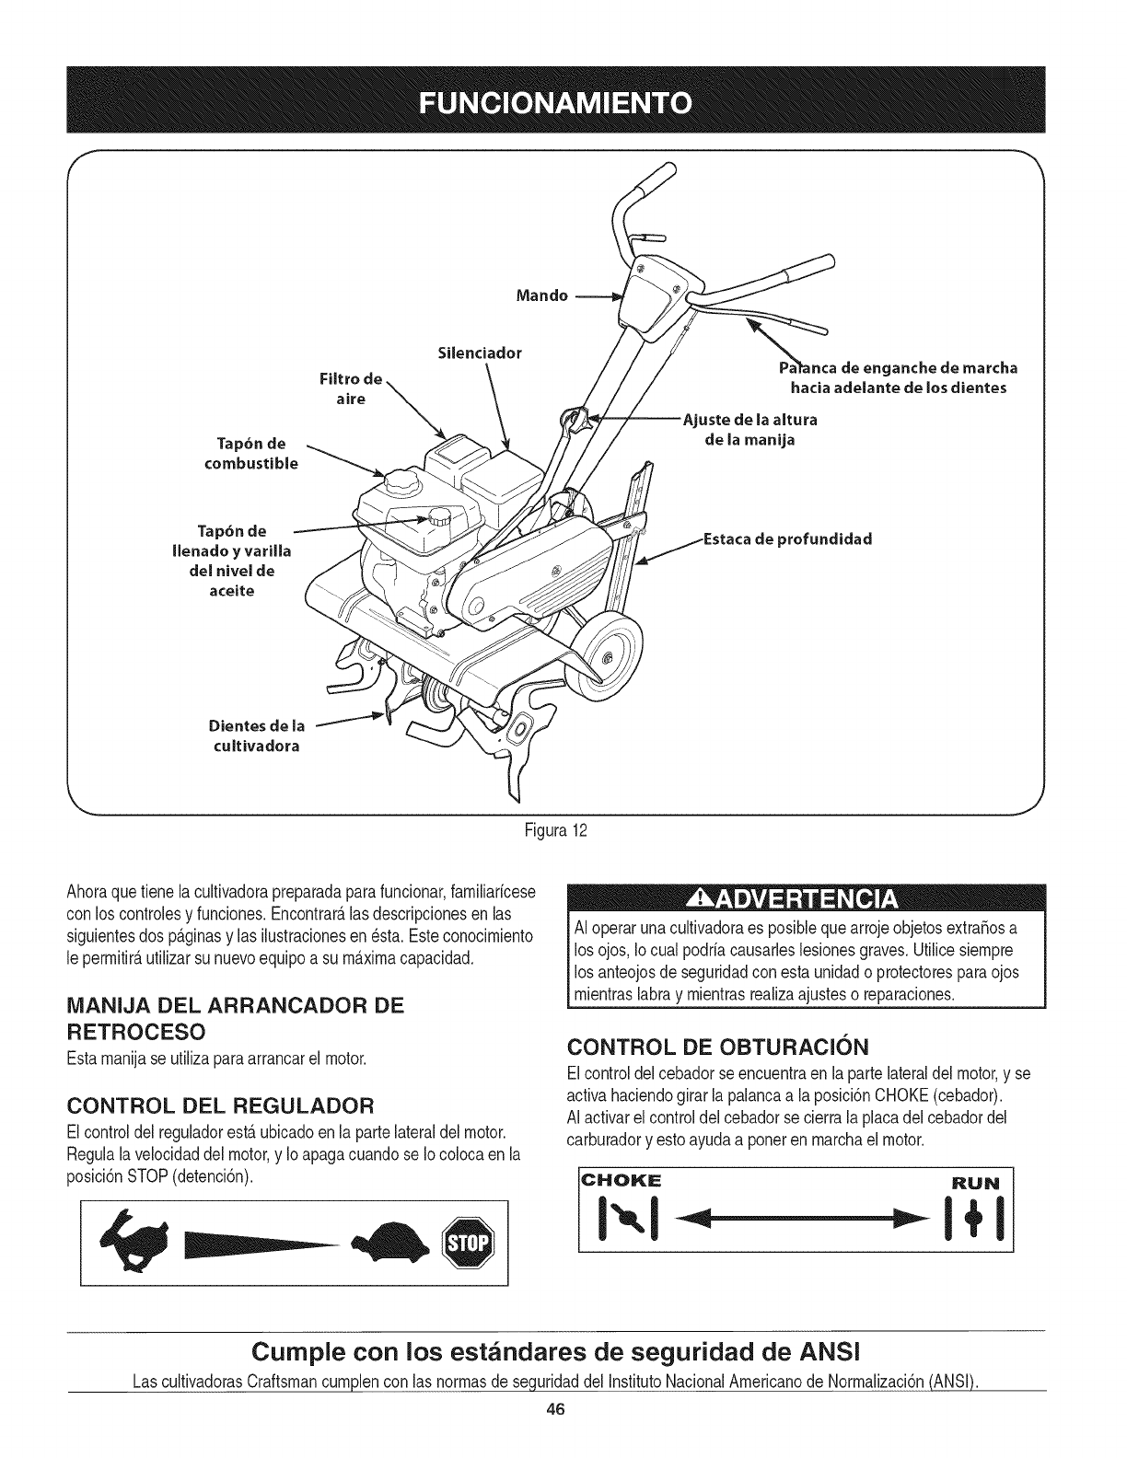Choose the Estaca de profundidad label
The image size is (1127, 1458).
pos(786,538)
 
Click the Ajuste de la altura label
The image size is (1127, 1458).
pos(749,430)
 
